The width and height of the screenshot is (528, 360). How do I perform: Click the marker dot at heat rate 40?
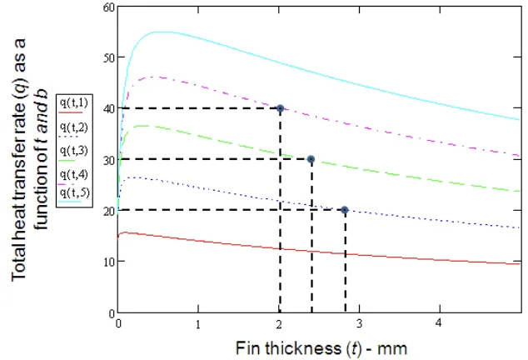tap(280, 108)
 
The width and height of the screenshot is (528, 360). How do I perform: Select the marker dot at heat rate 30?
tap(311, 159)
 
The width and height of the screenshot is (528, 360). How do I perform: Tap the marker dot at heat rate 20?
tap(344, 210)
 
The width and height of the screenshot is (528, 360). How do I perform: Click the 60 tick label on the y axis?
tap(107, 7)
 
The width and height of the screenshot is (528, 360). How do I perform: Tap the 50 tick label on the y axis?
tap(107, 57)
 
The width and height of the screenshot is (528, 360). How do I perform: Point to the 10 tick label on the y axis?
tap(107, 262)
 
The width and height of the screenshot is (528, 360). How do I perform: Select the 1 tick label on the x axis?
tap(198, 321)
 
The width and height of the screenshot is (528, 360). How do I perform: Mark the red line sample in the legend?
tap(72, 112)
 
